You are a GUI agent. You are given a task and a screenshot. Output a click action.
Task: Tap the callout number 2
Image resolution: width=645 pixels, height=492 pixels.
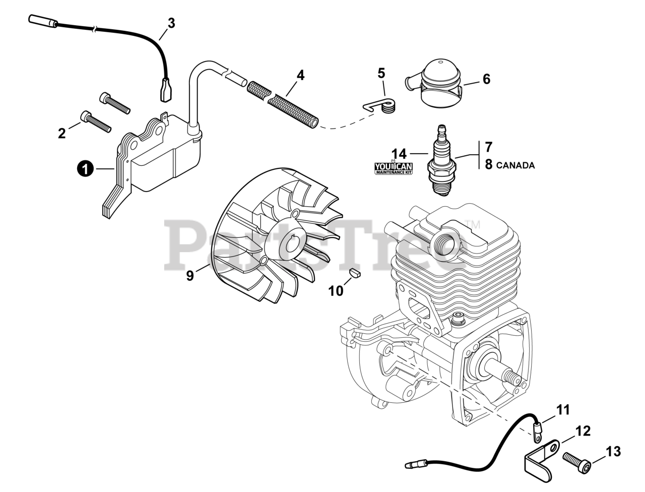point(62,133)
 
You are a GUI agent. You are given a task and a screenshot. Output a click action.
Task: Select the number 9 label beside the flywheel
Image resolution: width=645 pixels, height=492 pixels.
point(190,276)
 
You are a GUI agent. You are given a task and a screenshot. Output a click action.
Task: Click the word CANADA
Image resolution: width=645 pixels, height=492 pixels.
point(515,165)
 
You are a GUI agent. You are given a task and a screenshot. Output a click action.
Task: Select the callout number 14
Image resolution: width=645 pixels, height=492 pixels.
point(399,153)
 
